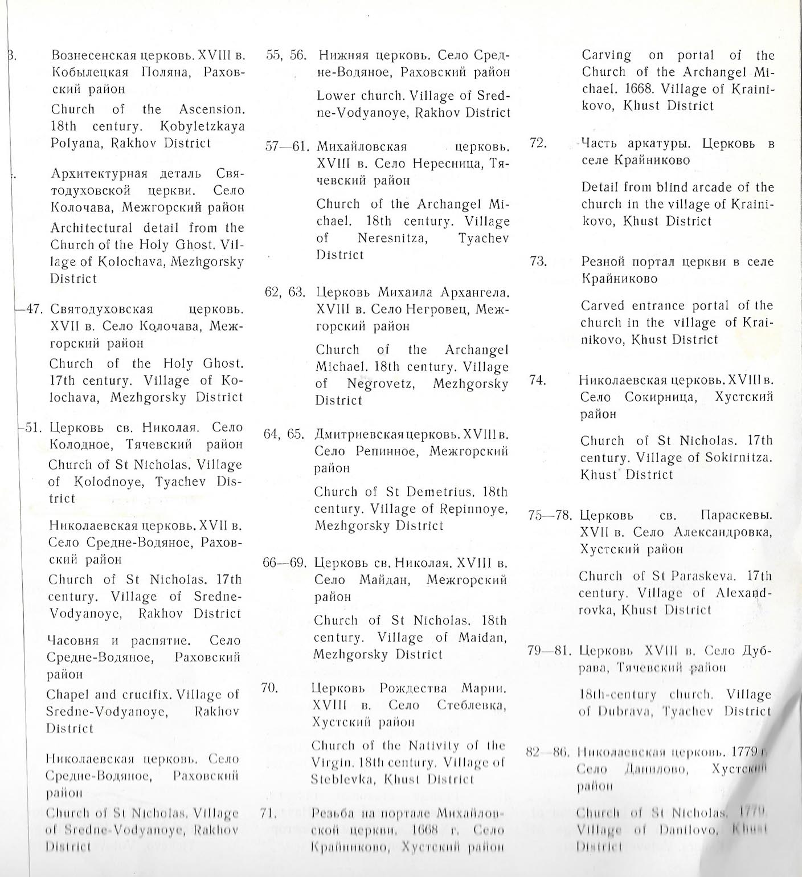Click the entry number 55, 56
[x=287, y=56]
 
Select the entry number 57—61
[x=286, y=146]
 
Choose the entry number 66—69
[x=284, y=563]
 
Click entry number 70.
[x=269, y=688]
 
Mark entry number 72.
[x=538, y=143]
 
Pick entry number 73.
[x=538, y=262]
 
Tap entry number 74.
[x=537, y=380]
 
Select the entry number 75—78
[x=550, y=515]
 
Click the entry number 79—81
[x=549, y=650]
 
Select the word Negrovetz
[x=380, y=384]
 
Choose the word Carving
[x=606, y=56]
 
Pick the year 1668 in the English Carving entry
[x=650, y=89]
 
